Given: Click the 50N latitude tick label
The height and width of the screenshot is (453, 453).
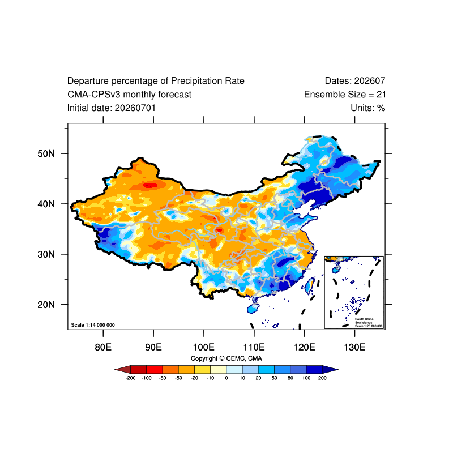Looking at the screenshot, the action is pyautogui.click(x=46, y=153).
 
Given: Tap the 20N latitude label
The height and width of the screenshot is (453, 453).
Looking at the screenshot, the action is pyautogui.click(x=46, y=305).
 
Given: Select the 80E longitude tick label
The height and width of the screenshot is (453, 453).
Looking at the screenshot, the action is pyautogui.click(x=103, y=347).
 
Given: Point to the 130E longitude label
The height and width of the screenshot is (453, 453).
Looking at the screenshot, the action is pyautogui.click(x=355, y=347).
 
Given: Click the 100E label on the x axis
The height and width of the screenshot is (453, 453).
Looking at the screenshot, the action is pyautogui.click(x=204, y=347).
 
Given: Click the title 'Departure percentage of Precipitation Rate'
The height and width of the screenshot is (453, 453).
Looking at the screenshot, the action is pyautogui.click(x=156, y=81).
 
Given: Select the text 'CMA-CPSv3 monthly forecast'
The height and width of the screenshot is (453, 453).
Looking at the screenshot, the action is pyautogui.click(x=130, y=95).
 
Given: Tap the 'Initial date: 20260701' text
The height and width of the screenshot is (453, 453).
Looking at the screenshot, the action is pyautogui.click(x=112, y=108).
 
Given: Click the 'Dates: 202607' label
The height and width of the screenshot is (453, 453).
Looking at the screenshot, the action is pyautogui.click(x=355, y=81).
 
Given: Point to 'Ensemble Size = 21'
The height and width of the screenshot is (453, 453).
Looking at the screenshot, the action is pyautogui.click(x=345, y=95).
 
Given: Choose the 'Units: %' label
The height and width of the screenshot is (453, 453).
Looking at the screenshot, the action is pyautogui.click(x=368, y=108).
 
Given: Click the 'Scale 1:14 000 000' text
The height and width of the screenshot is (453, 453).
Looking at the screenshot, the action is pyautogui.click(x=93, y=325).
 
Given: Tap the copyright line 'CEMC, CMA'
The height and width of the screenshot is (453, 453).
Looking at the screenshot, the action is pyautogui.click(x=244, y=358).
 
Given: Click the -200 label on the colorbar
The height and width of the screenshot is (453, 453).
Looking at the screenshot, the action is pyautogui.click(x=131, y=378).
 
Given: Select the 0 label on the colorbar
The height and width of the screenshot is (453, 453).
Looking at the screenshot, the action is pyautogui.click(x=226, y=378).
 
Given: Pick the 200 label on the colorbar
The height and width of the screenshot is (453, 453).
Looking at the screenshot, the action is pyautogui.click(x=322, y=378).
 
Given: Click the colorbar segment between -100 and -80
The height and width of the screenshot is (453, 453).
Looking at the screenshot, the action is pyautogui.click(x=155, y=370).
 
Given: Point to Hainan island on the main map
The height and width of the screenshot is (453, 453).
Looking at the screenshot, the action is pyautogui.click(x=253, y=309).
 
